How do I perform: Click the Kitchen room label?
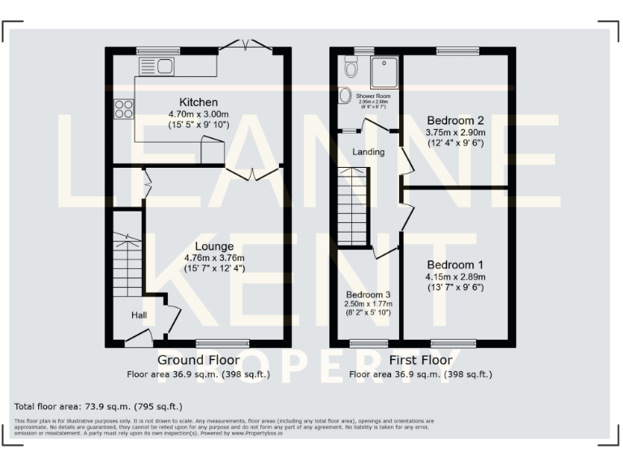[198, 102]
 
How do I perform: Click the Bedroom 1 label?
[455, 265]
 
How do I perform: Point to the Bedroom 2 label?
[455, 121]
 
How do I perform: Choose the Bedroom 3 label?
[368, 294]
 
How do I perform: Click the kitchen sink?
[158, 66]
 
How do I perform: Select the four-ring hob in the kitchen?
[124, 109]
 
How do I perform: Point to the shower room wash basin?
[345, 96]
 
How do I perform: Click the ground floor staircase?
[126, 259]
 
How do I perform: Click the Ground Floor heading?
[198, 359]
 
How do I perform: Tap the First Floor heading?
[420, 359]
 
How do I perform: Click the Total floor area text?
[99, 405]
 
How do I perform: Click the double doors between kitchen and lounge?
[252, 173]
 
